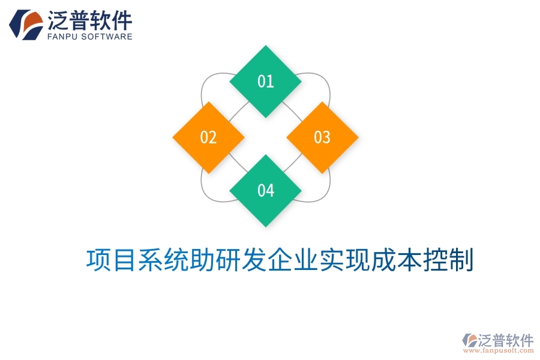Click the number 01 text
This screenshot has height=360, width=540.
pos(266,82)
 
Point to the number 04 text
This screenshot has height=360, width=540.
pos(266,191)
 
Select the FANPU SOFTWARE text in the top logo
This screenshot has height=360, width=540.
pos(89,37)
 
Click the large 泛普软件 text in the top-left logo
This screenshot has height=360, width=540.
pos(89,20)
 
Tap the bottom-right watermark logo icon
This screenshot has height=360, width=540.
pos(469,340)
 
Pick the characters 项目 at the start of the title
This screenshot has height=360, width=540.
pos(107,260)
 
